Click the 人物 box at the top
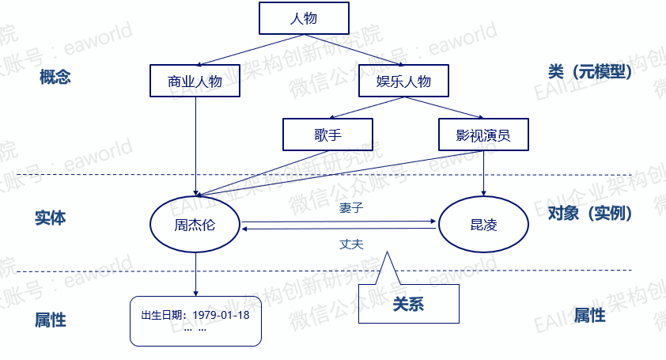coord(304,18)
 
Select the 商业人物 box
coord(195,81)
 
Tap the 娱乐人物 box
coord(404,81)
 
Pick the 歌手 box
coord(327,134)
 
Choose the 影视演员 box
coord(483,134)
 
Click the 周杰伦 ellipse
coord(195,225)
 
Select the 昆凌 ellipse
coord(483,225)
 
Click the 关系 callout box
coord(408,303)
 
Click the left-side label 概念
coord(55,77)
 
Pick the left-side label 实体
coord(51,218)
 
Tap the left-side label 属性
coord(51,320)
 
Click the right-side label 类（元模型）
coord(590,72)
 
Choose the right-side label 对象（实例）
coord(589,213)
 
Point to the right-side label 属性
coord(589,315)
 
